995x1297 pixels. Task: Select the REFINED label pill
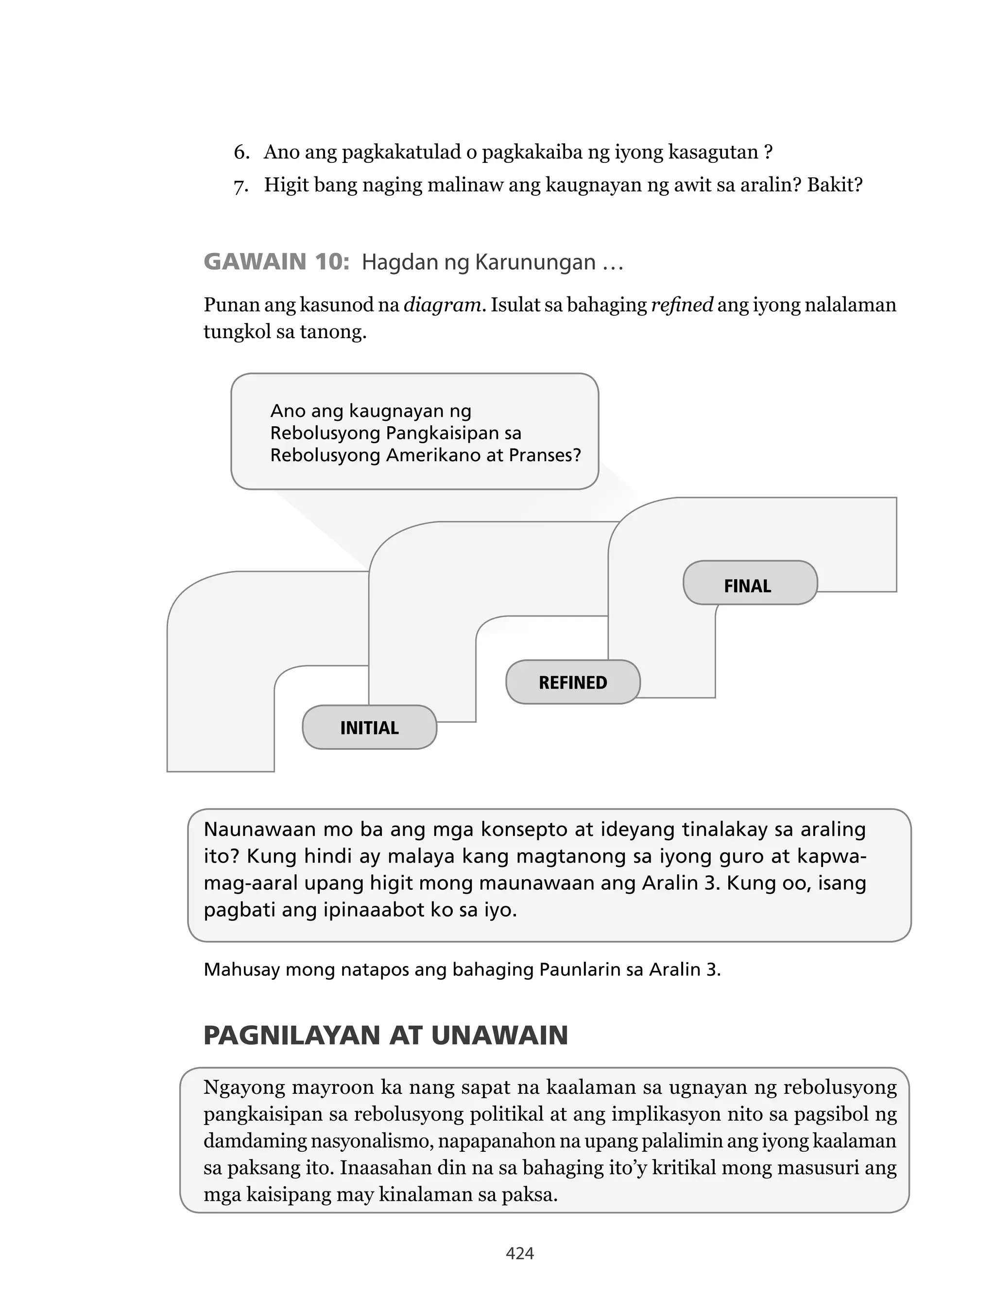(572, 682)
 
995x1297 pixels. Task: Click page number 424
(519, 1253)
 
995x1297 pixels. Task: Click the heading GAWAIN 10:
(276, 262)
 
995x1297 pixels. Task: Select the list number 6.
(240, 152)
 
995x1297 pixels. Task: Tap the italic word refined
(682, 305)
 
